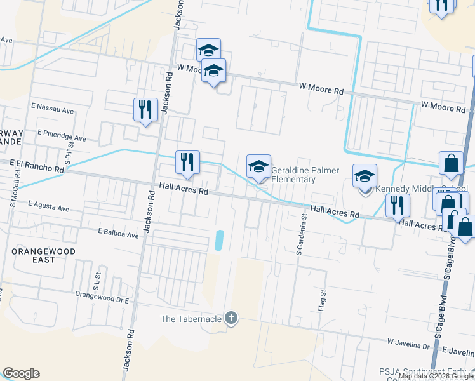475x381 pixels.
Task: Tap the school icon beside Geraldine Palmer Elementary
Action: (x=258, y=167)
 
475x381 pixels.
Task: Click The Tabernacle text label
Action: (x=192, y=319)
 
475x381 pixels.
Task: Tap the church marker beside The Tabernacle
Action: (x=231, y=319)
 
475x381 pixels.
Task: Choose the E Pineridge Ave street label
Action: (x=62, y=136)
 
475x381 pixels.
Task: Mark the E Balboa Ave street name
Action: (x=118, y=234)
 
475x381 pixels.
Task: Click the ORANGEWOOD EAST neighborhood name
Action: (x=43, y=256)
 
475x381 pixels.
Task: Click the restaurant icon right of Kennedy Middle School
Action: (x=398, y=205)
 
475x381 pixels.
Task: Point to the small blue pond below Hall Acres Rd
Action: (x=220, y=240)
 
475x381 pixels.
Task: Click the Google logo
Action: (x=21, y=373)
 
